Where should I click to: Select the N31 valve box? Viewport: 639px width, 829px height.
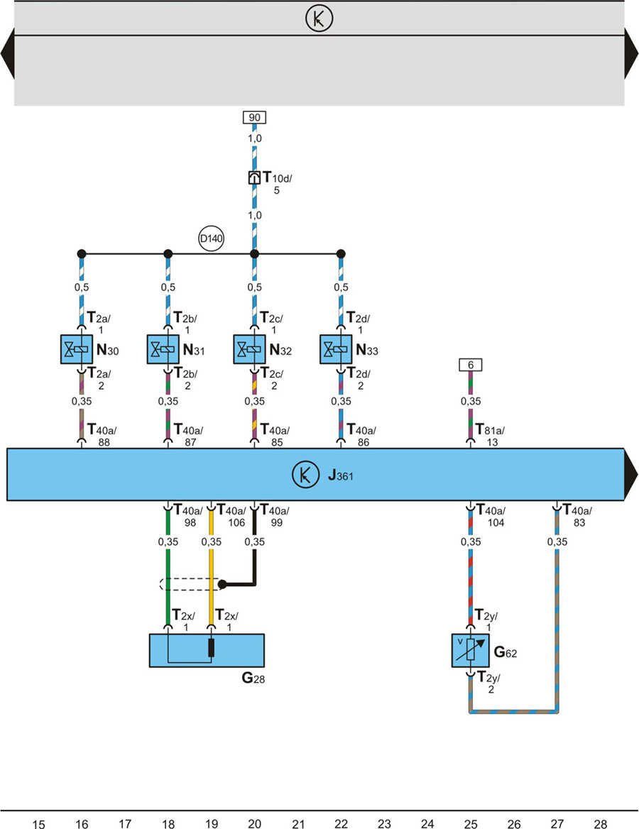tap(163, 348)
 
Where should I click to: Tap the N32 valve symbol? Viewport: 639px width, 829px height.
tap(249, 348)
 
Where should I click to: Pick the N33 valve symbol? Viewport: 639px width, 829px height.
tap(336, 348)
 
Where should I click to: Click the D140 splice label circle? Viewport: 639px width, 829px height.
tap(211, 240)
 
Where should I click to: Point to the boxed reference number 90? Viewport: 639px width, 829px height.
tap(254, 118)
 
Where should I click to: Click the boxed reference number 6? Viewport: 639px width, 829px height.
tap(470, 365)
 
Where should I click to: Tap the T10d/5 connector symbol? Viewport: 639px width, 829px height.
tap(254, 178)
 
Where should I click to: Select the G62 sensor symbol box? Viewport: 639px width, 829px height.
tap(470, 651)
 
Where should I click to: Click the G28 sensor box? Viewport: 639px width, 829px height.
tap(206, 650)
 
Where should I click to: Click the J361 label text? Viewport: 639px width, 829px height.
tap(340, 475)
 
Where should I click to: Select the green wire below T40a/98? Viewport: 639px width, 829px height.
tap(168, 575)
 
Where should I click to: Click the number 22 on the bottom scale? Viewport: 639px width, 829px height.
tap(341, 823)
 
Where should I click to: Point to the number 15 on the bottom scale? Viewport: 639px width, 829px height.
tap(39, 823)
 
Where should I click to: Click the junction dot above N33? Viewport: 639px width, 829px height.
tap(341, 253)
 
